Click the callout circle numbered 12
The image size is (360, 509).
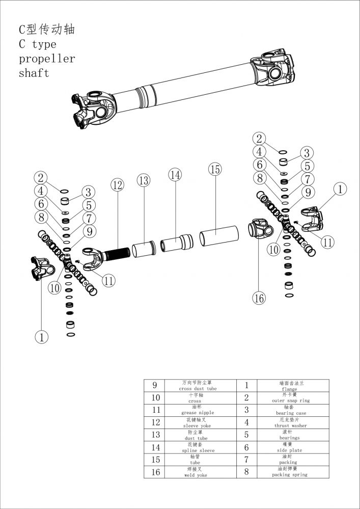tap(118, 185)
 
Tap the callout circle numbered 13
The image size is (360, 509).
tap(144, 180)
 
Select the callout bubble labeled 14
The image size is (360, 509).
tap(175, 175)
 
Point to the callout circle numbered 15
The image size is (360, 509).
tap(215, 169)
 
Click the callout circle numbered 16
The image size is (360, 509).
tap(259, 298)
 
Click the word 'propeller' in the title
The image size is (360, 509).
tap(47, 59)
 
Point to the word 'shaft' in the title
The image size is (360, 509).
tap(34, 73)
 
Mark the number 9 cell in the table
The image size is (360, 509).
tap(156, 386)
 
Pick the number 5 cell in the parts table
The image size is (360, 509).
tap(246, 435)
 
